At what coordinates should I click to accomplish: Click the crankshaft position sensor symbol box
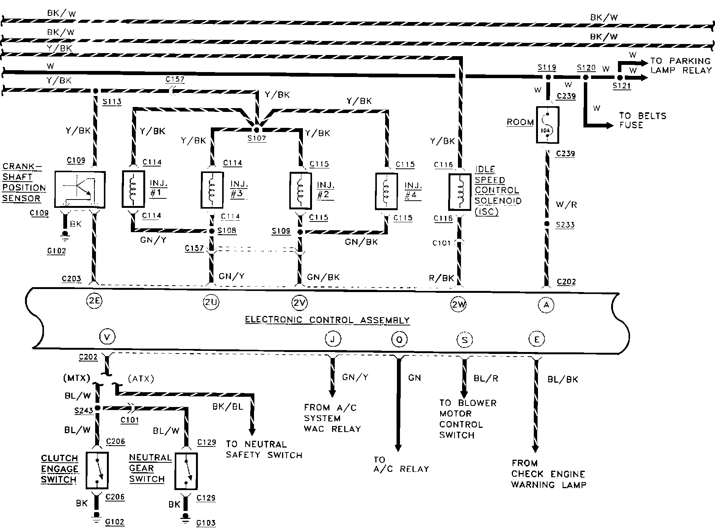80,189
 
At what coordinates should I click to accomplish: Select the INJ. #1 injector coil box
133,189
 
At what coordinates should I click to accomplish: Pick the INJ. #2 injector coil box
301,191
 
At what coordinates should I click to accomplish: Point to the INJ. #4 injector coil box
386,191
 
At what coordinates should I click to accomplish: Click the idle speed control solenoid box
459,192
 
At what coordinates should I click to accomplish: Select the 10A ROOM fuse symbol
547,125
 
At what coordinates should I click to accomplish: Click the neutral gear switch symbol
186,471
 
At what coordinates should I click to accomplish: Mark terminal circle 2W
459,304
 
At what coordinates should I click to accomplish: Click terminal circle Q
399,339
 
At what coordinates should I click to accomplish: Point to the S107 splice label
257,138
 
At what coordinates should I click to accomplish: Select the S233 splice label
565,225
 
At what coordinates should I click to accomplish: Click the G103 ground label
206,523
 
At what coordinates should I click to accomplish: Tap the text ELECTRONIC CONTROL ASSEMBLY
327,320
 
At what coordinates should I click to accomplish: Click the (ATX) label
141,379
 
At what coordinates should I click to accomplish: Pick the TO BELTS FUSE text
643,120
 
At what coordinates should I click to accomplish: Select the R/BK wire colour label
441,278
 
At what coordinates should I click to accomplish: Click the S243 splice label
84,411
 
